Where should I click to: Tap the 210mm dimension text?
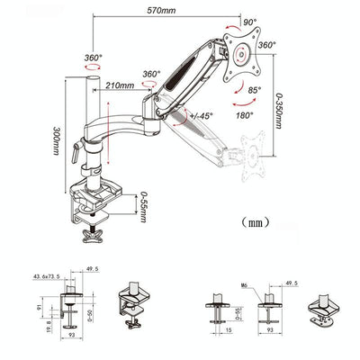click(118, 86)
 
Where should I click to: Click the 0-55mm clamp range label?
click(145, 207)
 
